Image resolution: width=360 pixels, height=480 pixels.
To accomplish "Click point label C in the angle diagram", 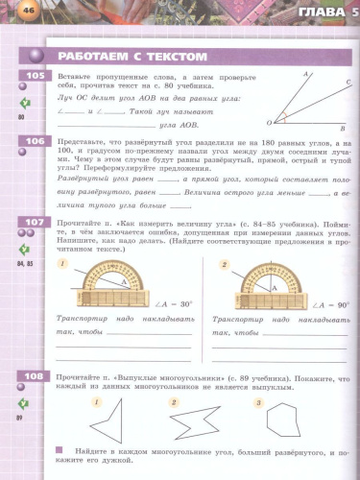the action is (x=348, y=84).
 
